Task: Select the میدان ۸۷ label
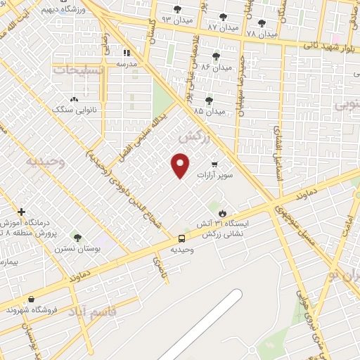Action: [223, 27]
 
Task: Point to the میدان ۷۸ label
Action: [262, 34]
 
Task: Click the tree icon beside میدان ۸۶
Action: [216, 56]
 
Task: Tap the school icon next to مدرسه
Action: [127, 52]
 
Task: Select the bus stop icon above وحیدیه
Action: [181, 239]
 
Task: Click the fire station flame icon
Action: [223, 212]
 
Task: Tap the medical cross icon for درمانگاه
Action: [22, 212]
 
